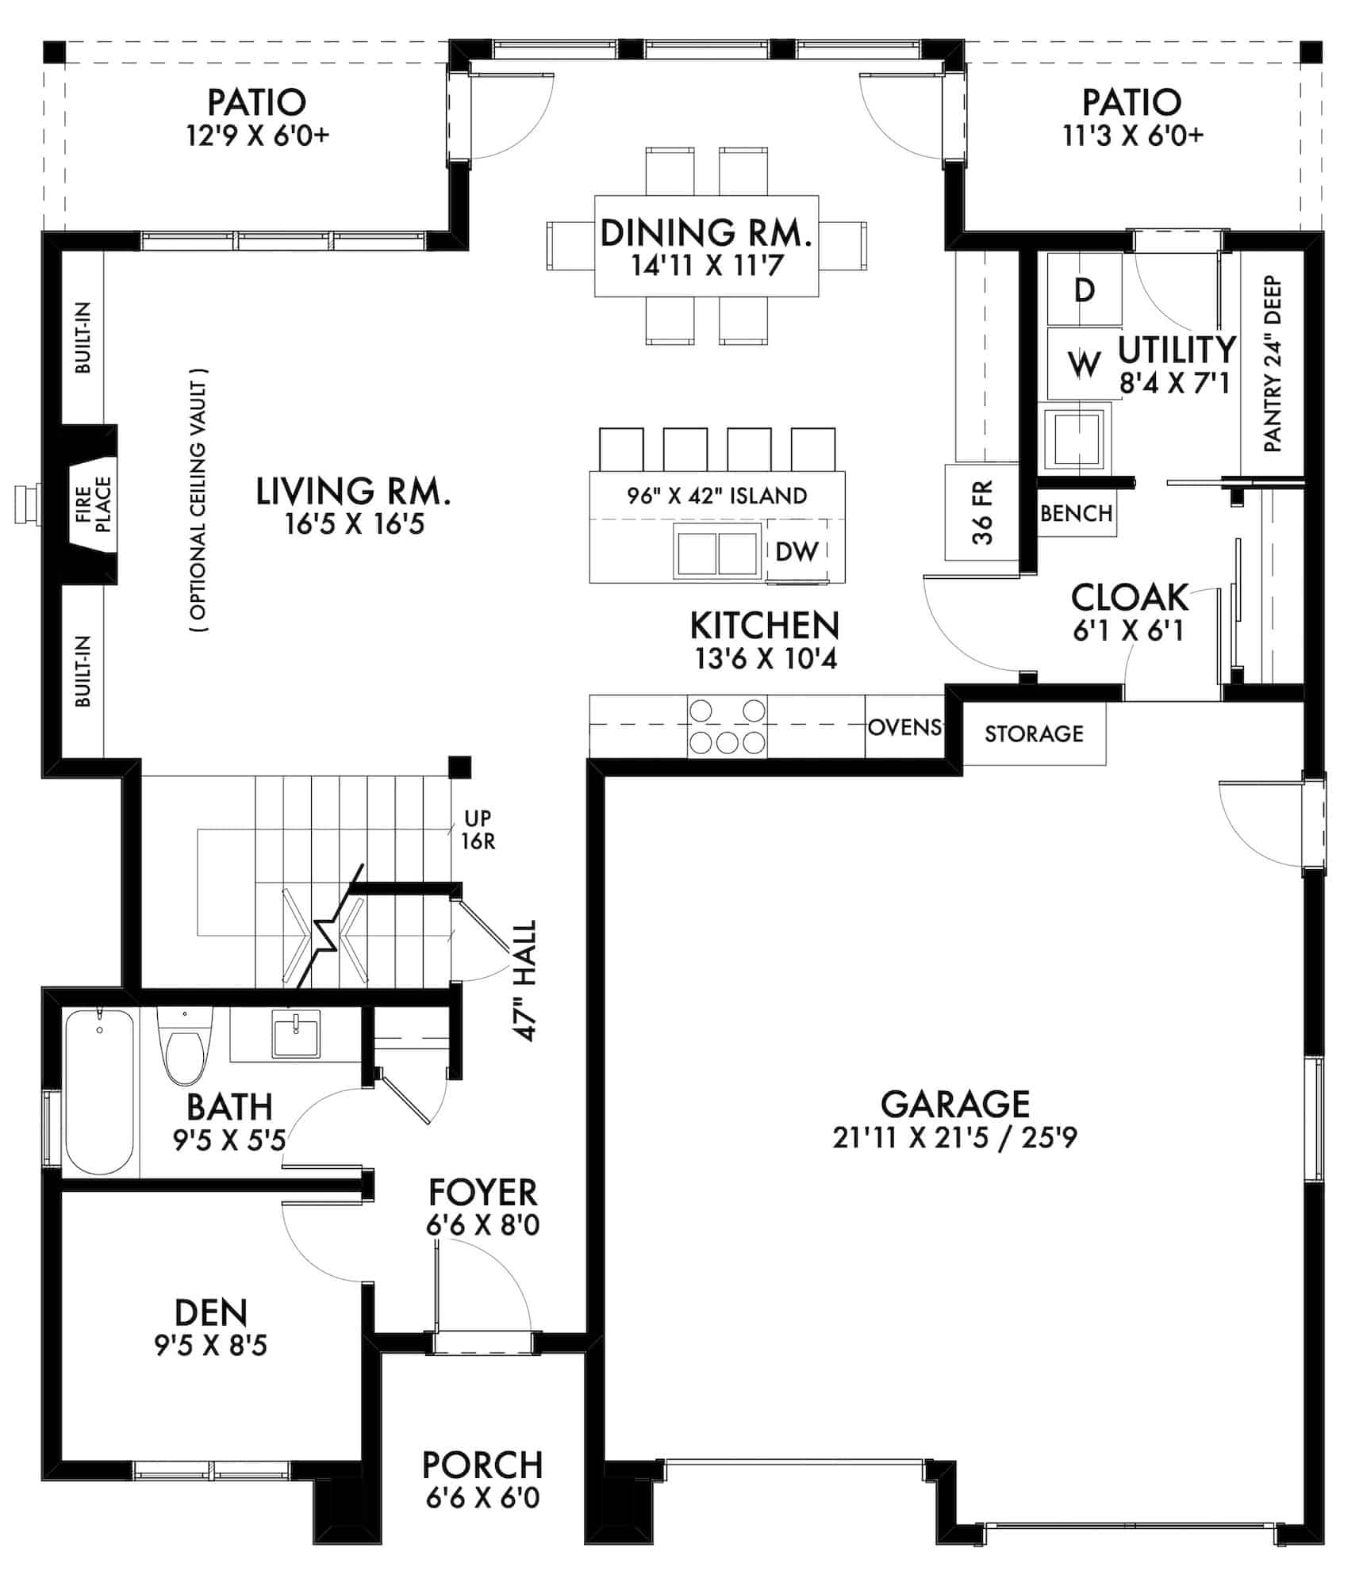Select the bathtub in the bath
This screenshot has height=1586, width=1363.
(x=99, y=1090)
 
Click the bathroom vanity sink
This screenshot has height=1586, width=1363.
(x=296, y=1034)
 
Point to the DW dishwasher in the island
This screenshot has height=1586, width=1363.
(x=797, y=551)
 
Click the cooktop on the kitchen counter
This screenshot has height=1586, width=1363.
(x=727, y=726)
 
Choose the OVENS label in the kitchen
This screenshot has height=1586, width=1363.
(x=904, y=727)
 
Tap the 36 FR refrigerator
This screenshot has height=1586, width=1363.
(x=982, y=511)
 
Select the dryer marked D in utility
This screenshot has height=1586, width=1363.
(x=1085, y=289)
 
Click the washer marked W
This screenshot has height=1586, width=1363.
(x=1084, y=364)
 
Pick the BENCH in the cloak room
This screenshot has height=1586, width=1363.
(x=1077, y=513)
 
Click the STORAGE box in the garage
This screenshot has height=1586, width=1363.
(x=1034, y=734)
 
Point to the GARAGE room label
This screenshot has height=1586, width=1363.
(x=955, y=1104)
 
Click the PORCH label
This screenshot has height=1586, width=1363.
(x=482, y=1465)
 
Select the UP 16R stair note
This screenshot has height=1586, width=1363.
(x=478, y=829)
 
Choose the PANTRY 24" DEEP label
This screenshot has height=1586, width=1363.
(x=1273, y=364)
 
